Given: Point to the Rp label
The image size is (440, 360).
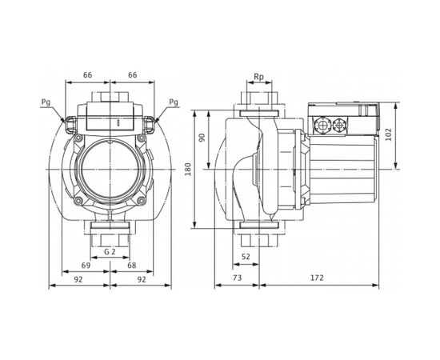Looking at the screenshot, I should [x=258, y=78].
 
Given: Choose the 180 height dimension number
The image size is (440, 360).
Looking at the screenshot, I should [x=188, y=170].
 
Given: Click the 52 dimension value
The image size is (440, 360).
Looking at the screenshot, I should [x=246, y=255].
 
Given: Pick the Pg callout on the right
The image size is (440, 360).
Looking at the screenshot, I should [x=174, y=102].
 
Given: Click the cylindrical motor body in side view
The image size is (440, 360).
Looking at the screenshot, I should [x=344, y=169].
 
